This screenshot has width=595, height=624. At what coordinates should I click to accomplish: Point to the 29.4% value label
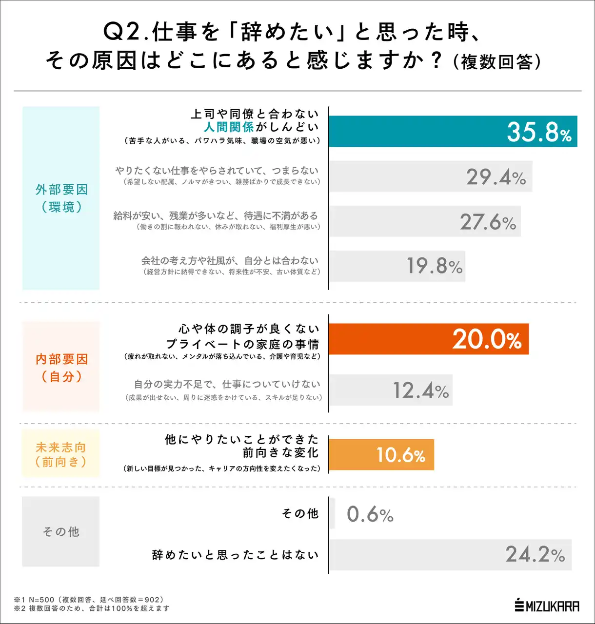[x=496, y=177]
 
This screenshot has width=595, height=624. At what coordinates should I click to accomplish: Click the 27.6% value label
[x=488, y=222]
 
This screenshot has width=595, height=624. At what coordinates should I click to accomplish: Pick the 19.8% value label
[x=435, y=266]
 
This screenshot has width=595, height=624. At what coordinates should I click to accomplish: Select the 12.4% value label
[x=420, y=390]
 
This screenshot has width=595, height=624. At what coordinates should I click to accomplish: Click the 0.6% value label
[x=370, y=514]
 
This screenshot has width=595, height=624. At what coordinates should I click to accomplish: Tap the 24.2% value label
[x=535, y=554]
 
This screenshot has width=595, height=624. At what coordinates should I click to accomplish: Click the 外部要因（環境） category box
[x=61, y=198]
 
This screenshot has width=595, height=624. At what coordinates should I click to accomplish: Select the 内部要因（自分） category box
[x=61, y=367]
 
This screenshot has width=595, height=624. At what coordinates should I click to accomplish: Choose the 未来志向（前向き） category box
[x=61, y=454]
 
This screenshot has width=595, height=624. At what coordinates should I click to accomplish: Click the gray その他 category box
[x=61, y=531]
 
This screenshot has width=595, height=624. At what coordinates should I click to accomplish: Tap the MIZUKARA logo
[x=547, y=606]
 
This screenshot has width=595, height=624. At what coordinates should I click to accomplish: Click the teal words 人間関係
[x=229, y=127]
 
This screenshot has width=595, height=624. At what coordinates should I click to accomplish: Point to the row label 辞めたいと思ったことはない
[x=235, y=555]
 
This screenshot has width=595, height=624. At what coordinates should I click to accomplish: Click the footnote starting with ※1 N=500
[x=89, y=600]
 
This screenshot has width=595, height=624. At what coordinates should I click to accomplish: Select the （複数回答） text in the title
[x=496, y=62]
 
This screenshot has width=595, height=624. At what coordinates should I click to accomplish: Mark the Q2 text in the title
[x=121, y=32]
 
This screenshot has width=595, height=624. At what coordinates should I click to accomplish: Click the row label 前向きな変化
[x=280, y=453]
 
